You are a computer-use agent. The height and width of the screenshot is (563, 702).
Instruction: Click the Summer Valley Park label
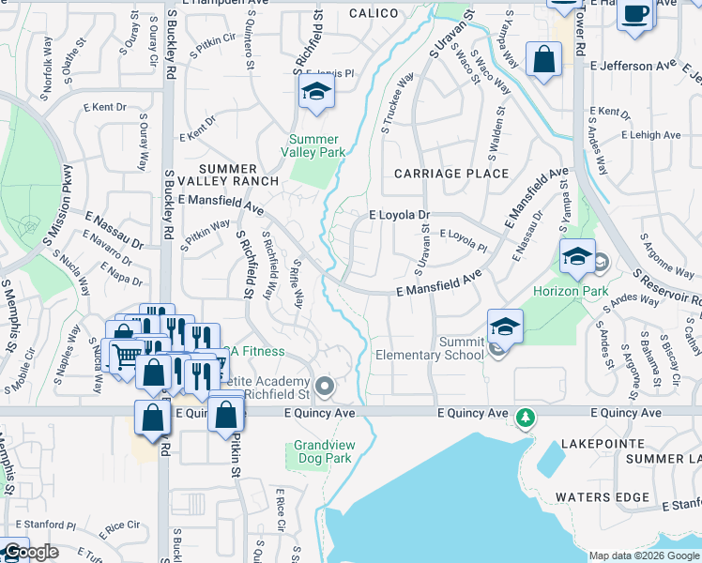pos(314,145)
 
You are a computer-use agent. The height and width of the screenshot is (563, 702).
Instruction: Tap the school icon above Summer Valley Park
pos(317,92)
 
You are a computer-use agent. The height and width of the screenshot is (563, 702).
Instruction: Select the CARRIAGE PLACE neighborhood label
pos(451,174)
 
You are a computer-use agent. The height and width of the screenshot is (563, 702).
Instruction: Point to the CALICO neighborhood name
pos(374,13)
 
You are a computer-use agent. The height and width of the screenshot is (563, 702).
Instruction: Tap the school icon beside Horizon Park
pos(577,255)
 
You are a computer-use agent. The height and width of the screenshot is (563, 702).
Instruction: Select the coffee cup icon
pos(635,14)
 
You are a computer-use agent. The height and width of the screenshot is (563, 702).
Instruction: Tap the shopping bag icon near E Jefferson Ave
pos(543,59)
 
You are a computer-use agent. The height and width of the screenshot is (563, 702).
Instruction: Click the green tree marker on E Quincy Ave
pos(527,416)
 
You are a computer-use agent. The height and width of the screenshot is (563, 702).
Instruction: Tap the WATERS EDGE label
pos(602,496)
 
